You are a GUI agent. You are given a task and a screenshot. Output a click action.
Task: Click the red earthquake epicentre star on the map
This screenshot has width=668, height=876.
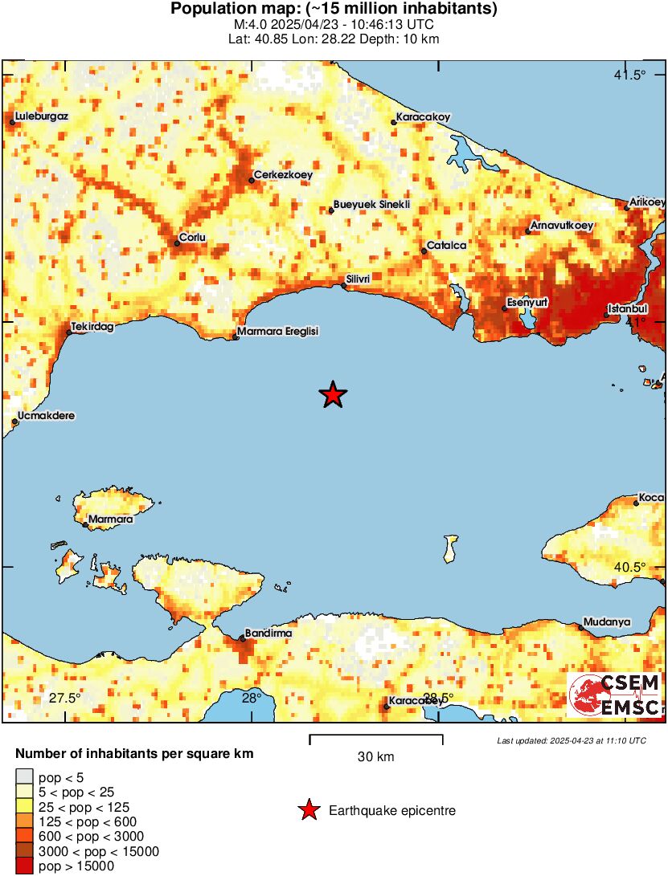(333, 395)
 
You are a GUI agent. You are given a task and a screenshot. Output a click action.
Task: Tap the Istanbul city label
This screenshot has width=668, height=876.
(628, 308)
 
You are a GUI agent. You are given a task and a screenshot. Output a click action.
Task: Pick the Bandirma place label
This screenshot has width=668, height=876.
(269, 633)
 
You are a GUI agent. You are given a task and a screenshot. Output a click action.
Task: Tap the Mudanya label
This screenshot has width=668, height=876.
(607, 621)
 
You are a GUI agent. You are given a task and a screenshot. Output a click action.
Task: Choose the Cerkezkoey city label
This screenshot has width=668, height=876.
(283, 174)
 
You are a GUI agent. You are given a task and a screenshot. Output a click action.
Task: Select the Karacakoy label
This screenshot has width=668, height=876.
(424, 116)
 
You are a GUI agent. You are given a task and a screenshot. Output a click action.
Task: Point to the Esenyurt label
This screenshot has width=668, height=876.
(527, 303)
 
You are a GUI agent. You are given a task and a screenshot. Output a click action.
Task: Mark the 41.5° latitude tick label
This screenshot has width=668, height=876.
(629, 75)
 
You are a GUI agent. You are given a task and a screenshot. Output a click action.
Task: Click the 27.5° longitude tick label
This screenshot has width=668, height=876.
(64, 697)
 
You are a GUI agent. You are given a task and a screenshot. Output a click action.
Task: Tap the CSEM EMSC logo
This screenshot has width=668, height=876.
(614, 695)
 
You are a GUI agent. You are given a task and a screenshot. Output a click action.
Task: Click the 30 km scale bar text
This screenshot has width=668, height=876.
(375, 756)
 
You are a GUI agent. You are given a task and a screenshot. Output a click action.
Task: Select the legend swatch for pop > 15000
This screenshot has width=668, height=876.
(25, 866)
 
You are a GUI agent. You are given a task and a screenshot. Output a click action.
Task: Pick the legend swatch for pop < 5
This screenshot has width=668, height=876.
(25, 776)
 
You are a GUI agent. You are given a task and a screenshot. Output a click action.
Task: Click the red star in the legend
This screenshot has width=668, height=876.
(309, 811)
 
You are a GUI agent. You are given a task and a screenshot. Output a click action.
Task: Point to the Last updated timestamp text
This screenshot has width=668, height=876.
(571, 740)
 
